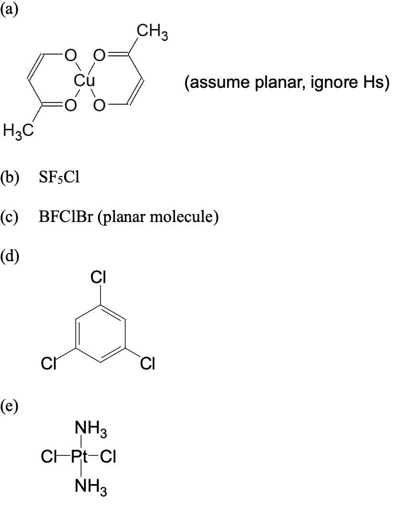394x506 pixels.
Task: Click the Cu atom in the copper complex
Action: (84, 80)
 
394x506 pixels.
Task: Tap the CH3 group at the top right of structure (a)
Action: (152, 33)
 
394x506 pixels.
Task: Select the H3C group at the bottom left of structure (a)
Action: (18, 130)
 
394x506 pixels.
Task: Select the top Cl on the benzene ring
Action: (98, 277)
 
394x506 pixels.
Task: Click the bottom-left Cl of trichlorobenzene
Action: (49, 365)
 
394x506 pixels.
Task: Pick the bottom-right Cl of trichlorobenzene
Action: (147, 365)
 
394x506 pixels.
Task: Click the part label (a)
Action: (9, 9)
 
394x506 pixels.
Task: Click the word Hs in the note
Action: (371, 83)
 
